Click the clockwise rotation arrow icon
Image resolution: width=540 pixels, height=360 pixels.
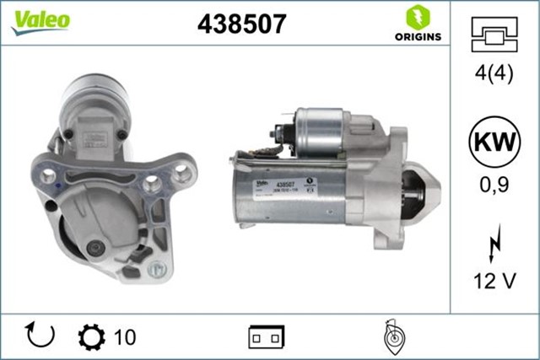[40, 336]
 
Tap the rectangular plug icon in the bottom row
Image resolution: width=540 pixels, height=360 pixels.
[265, 337]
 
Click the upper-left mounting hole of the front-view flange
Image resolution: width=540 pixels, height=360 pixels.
[48, 178]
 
